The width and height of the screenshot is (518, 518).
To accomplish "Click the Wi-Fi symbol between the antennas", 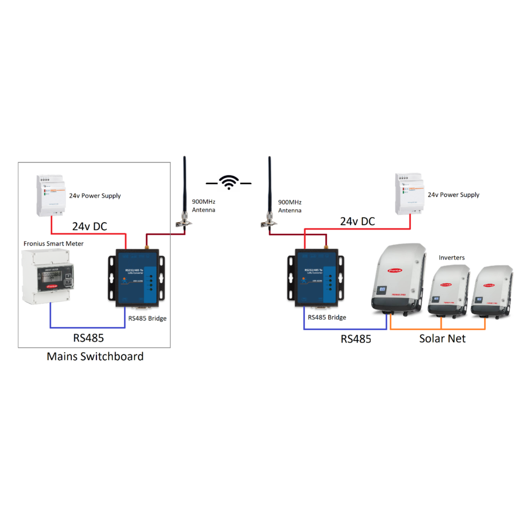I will click(x=230, y=182).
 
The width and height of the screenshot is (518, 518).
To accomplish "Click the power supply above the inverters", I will click(x=409, y=193).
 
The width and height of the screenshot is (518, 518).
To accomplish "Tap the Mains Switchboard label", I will click(x=95, y=356).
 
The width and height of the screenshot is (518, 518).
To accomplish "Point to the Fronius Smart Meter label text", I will click(x=54, y=243).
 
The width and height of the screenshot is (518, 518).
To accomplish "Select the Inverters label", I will click(x=452, y=257).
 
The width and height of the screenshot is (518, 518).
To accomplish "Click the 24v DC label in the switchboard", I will click(x=89, y=227).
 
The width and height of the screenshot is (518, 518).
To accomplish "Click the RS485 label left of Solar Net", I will click(x=356, y=338).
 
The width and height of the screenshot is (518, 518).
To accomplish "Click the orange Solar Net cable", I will click(x=439, y=328).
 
